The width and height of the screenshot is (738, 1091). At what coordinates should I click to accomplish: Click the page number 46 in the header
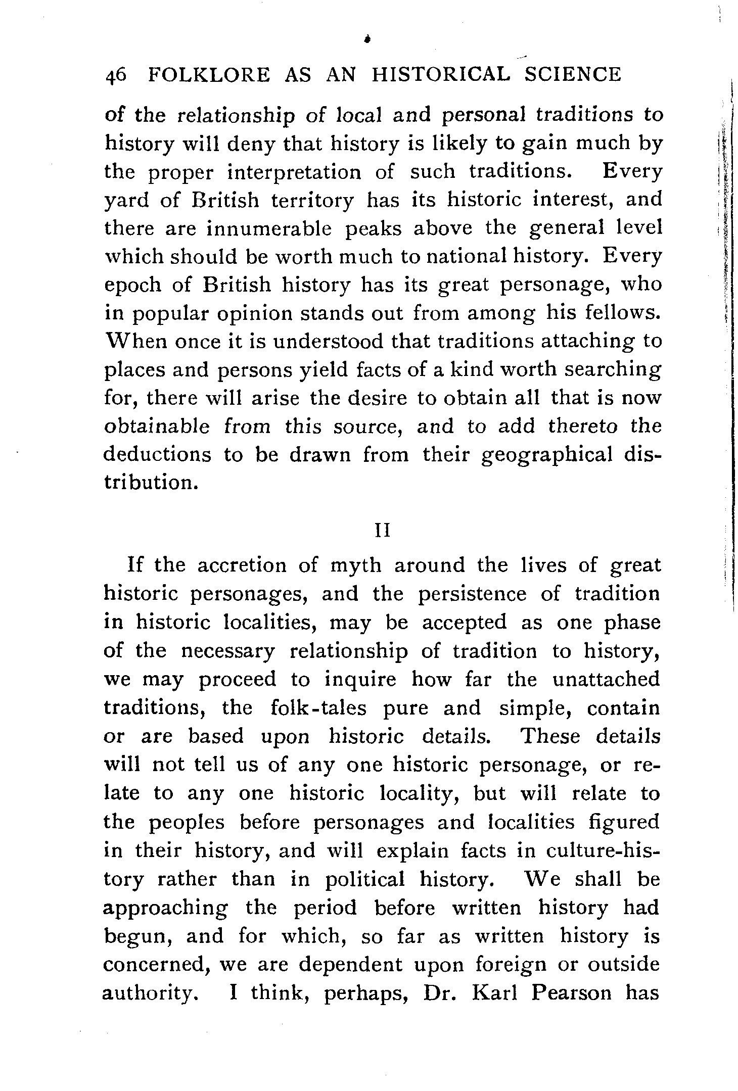click(x=116, y=75)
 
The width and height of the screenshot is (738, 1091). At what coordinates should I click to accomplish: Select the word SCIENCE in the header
click(x=572, y=75)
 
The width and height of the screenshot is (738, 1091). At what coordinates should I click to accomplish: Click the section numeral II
click(x=382, y=532)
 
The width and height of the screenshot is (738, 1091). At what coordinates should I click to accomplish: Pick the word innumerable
click(x=269, y=229)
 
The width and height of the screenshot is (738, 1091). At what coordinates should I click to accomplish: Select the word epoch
click(x=129, y=286)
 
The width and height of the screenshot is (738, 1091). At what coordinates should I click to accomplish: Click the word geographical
click(x=547, y=455)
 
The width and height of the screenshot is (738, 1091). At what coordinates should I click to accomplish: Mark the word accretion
click(x=242, y=565)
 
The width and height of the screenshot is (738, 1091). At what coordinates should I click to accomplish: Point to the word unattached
click(x=606, y=679)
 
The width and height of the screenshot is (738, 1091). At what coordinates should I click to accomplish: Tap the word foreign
click(x=511, y=965)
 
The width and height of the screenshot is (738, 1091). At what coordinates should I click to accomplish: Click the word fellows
click(x=623, y=314)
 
